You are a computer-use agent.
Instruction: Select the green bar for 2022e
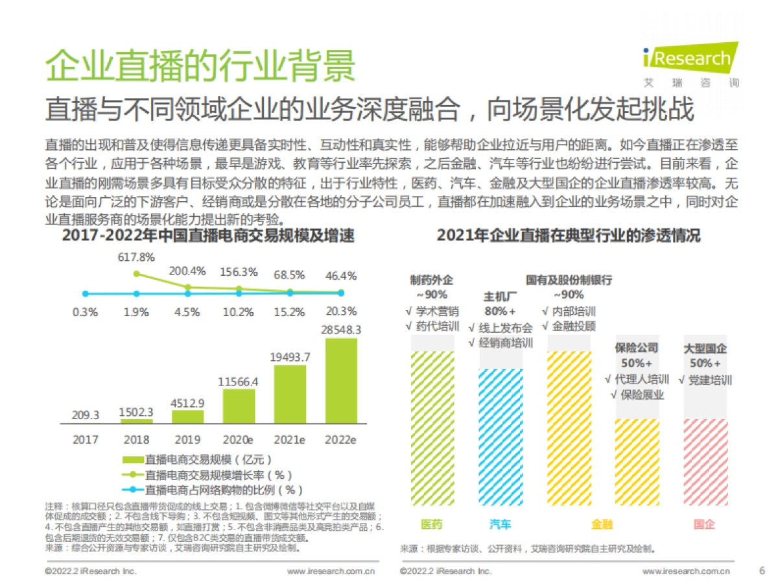pyautogui.click(x=341, y=381)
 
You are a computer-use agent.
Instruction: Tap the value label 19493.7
pyautogui.click(x=290, y=357)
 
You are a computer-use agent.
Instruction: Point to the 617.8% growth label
pyautogui.click(x=136, y=258)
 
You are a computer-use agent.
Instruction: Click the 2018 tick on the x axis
pyautogui.click(x=136, y=440)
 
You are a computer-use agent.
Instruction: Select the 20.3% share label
pyautogui.click(x=341, y=311)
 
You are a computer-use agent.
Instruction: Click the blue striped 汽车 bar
pyautogui.click(x=501, y=436)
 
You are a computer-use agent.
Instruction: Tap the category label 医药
pyautogui.click(x=431, y=524)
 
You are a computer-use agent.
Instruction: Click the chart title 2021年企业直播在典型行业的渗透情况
pyautogui.click(x=569, y=236)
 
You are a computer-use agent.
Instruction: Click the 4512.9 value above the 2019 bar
pyautogui.click(x=187, y=402)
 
